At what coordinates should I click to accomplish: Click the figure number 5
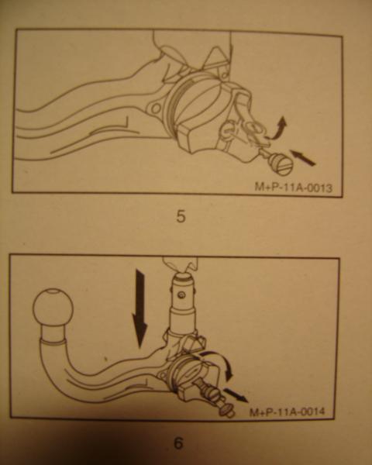click(x=181, y=216)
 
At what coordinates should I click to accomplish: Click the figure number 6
click(x=178, y=443)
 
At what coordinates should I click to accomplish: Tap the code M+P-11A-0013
click(x=294, y=187)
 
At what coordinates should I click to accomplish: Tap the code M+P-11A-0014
click(x=288, y=412)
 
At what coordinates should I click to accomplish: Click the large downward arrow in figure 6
click(x=139, y=308)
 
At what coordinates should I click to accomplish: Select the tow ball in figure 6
click(x=53, y=307)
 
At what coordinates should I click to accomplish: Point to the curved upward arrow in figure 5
click(x=277, y=129)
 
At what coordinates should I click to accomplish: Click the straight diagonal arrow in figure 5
click(x=302, y=157)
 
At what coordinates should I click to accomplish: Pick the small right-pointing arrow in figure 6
click(x=236, y=395)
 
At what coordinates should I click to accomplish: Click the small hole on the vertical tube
click(x=181, y=294)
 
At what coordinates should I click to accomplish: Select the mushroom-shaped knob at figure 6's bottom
click(x=226, y=411)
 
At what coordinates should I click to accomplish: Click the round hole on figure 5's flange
click(x=156, y=108)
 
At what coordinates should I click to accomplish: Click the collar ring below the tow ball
click(x=53, y=343)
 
